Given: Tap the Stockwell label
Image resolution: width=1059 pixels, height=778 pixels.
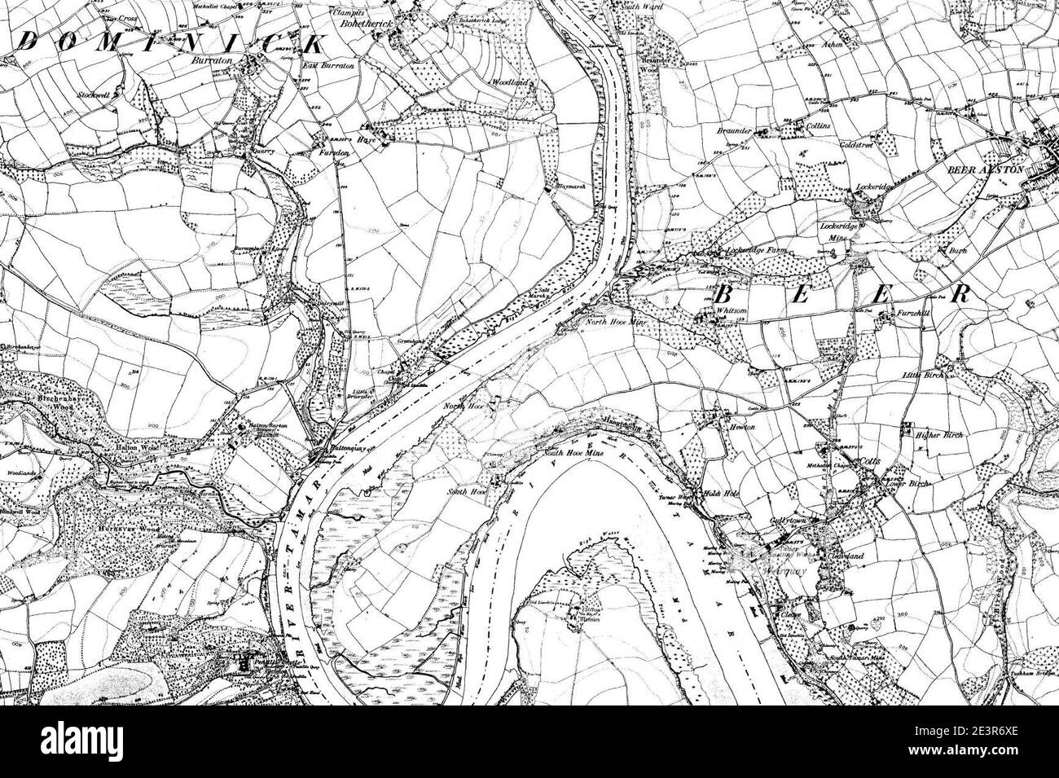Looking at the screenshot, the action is pos(93,95).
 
